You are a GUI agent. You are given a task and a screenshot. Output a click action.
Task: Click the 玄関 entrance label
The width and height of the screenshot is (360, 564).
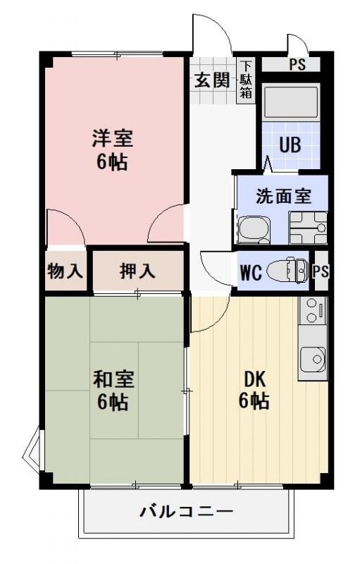tap(212, 80)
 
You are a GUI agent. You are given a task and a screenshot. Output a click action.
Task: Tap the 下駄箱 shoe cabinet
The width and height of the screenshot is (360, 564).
tap(246, 80)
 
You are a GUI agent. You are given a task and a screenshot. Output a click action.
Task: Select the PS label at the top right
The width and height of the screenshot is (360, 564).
tap(297, 64)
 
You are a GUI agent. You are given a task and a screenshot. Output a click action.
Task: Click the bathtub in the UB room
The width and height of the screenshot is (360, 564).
tap(291, 102)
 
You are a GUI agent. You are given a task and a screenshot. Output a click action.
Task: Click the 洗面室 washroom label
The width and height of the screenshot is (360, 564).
tap(283, 196)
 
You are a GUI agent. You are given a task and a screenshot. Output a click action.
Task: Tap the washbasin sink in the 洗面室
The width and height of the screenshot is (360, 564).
tap(254, 230)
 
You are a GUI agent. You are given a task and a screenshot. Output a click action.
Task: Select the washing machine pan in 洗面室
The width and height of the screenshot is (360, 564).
tap(309, 228)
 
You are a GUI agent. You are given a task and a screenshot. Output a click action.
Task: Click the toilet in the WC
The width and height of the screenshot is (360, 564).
tap(287, 271)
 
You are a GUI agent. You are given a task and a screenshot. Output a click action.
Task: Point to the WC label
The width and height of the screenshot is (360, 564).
tap(250, 272)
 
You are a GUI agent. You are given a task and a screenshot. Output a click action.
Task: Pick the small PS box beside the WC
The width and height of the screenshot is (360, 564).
tap(321, 271)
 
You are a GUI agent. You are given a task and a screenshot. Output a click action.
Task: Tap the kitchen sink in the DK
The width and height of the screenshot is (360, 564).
tap(313, 360)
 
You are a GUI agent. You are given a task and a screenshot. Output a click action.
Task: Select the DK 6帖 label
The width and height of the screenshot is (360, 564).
tap(254, 390)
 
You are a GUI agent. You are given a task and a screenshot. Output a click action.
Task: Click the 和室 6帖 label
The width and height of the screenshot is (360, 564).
tap(113, 391)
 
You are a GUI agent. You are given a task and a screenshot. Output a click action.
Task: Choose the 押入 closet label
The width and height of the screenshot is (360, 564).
tap(137, 271)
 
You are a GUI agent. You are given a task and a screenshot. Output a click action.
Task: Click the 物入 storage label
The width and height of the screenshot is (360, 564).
tap(65, 271)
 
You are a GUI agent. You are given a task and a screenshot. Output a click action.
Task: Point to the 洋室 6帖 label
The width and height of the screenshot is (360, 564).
tap(113, 149)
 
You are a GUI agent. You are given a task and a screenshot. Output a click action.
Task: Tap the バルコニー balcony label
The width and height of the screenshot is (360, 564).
tap(186, 510)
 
